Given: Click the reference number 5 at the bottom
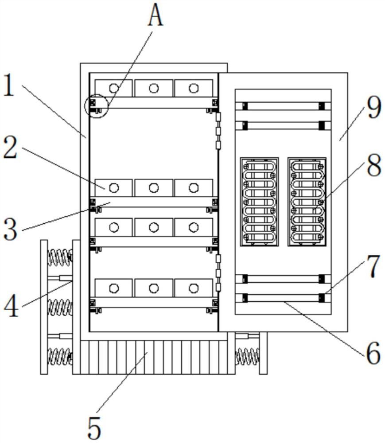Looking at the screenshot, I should [x=93, y=427].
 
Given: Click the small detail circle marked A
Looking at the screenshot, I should [x=96, y=106].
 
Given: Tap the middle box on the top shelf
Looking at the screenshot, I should [x=154, y=88].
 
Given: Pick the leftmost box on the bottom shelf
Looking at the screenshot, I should [x=114, y=288].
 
